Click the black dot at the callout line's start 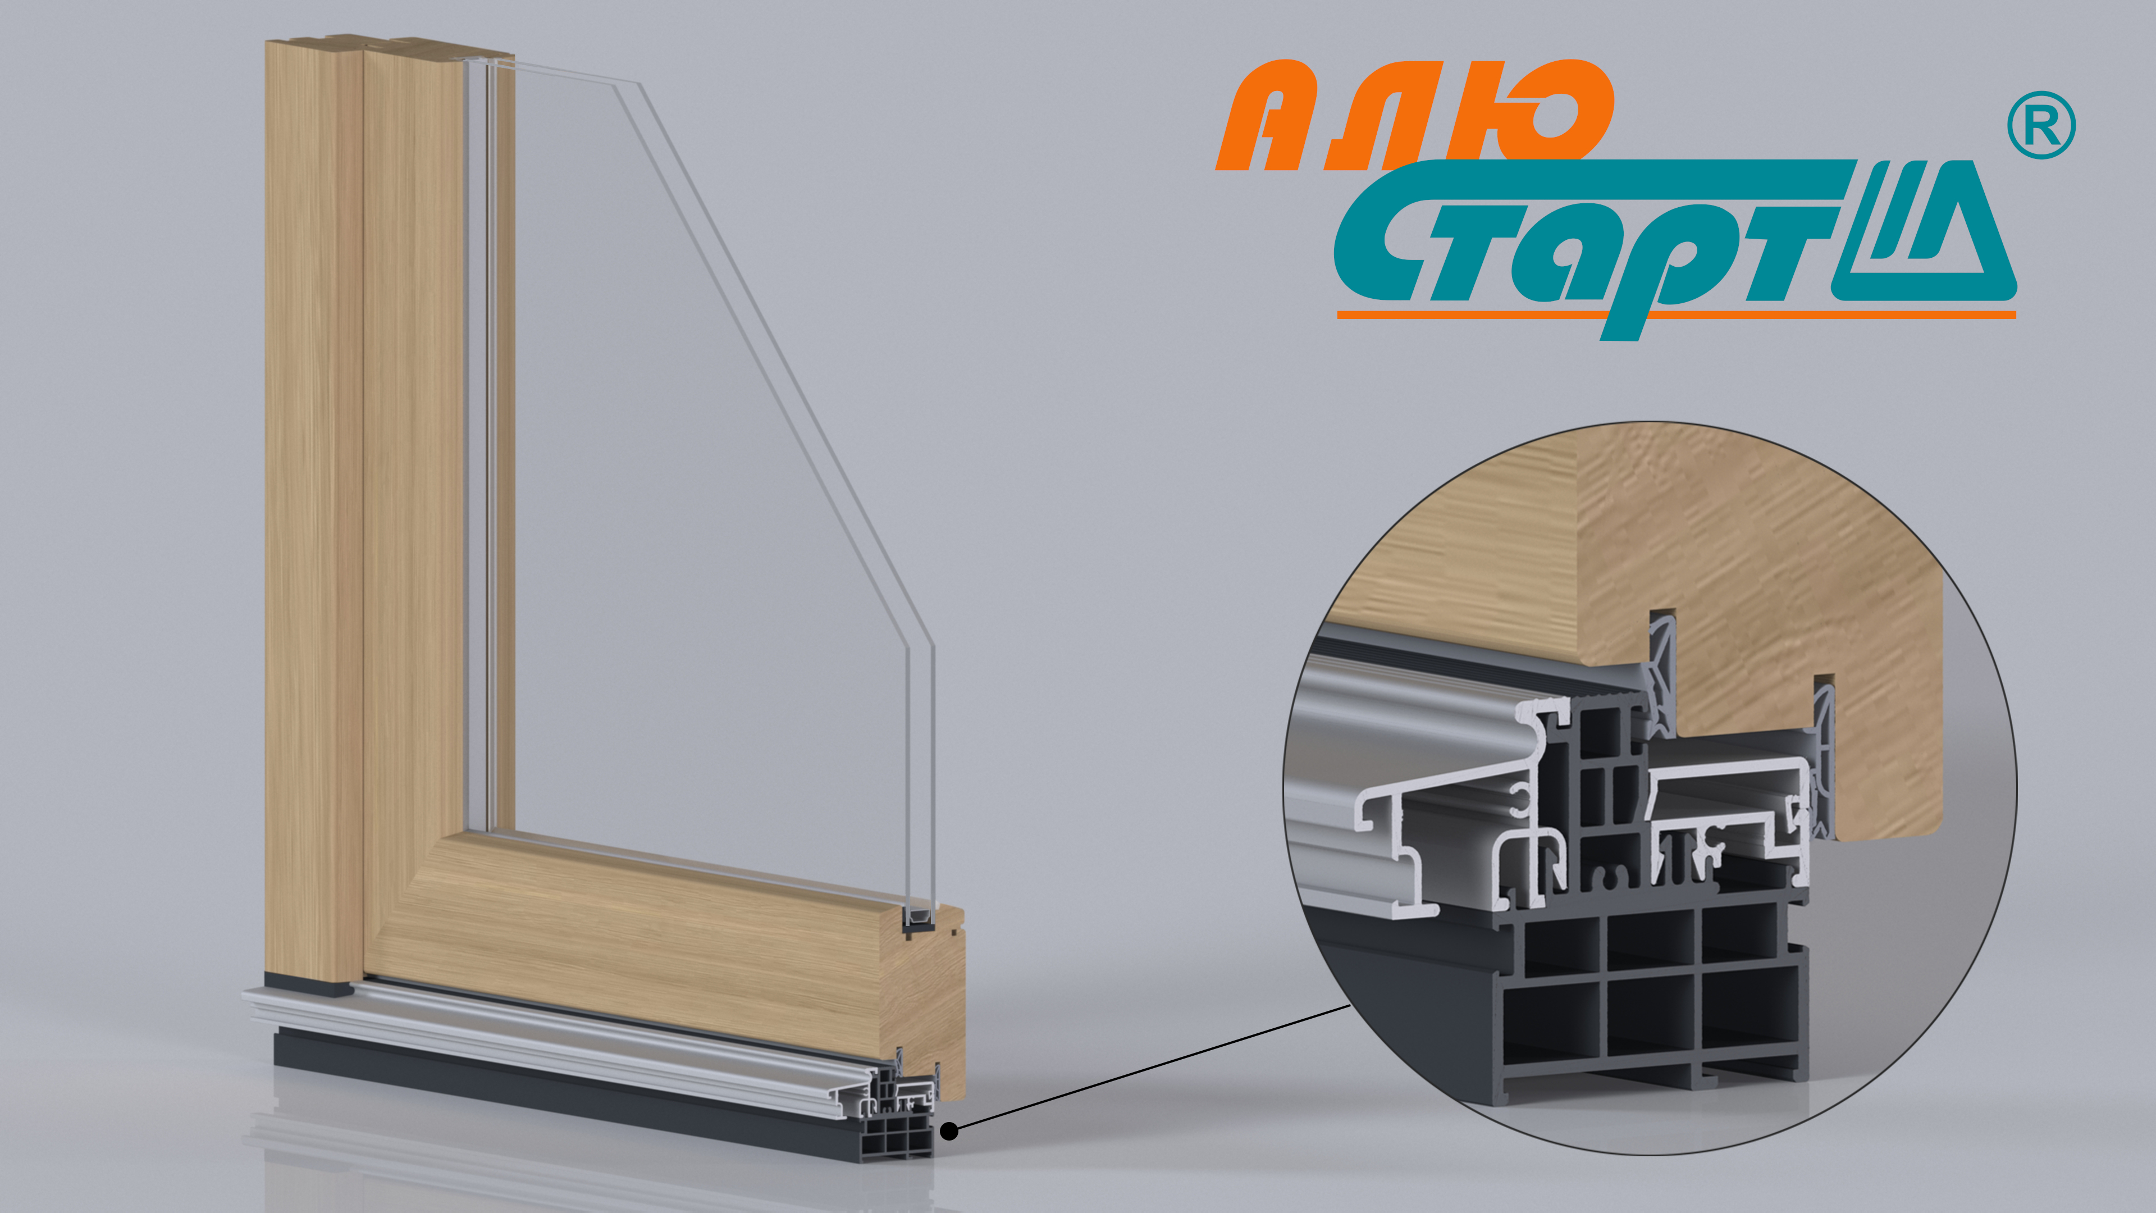coord(949,1131)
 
